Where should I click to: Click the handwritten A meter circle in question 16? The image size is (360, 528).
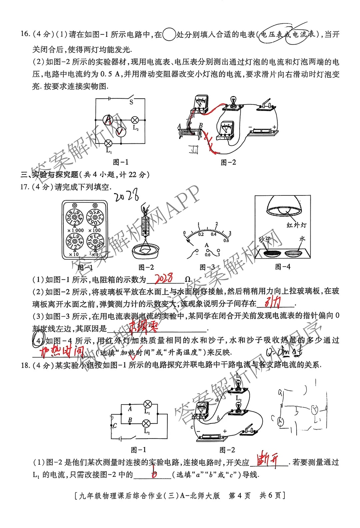pyautogui.click(x=108, y=119)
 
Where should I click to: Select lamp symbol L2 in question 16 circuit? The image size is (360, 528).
pyautogui.click(x=135, y=120)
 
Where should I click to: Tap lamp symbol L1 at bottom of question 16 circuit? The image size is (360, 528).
pyautogui.click(x=108, y=143)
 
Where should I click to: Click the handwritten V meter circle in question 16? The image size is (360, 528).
pyautogui.click(x=121, y=132)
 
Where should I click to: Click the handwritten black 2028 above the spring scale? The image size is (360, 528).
pyautogui.click(x=127, y=195)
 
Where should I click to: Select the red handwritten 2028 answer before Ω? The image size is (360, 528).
pyautogui.click(x=164, y=278)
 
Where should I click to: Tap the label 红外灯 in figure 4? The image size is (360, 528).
pyautogui.click(x=296, y=225)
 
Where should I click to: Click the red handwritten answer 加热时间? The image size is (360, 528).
pyautogui.click(x=62, y=352)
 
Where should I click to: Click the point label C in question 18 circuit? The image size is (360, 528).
pyautogui.click(x=115, y=426)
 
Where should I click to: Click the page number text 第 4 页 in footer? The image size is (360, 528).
pyautogui.click(x=239, y=495)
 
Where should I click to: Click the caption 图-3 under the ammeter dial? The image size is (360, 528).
pyautogui.click(x=207, y=267)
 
